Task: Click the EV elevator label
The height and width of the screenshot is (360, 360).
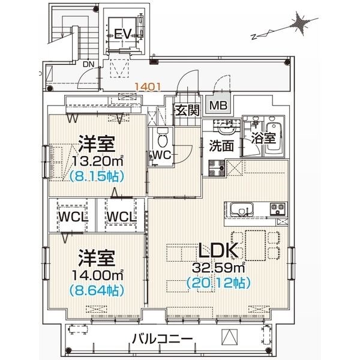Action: click(122, 34)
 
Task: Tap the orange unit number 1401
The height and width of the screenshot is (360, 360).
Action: click(148, 87)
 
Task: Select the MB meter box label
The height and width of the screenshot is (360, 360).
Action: click(218, 106)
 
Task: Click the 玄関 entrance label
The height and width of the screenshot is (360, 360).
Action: click(187, 110)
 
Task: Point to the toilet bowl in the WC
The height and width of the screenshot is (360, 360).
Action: click(163, 137)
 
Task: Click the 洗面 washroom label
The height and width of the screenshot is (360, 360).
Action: click(221, 146)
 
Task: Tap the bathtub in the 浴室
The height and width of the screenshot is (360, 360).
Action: click(274, 138)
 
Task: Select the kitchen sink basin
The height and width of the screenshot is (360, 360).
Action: click(242, 209)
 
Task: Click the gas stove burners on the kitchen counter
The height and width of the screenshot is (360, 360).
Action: click(278, 209)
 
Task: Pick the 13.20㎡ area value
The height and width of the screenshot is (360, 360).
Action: click(98, 161)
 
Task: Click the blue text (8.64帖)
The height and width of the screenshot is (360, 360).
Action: click(97, 290)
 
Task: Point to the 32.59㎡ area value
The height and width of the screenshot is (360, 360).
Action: click(218, 267)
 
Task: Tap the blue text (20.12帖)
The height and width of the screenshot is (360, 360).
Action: click(218, 283)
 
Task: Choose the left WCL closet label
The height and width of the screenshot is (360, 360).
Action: click(73, 217)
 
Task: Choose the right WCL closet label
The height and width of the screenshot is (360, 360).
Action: click(121, 217)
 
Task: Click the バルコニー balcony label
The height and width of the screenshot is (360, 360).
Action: click(163, 338)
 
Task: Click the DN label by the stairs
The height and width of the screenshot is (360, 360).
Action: click(89, 65)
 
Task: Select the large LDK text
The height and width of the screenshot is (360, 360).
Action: click(218, 250)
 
